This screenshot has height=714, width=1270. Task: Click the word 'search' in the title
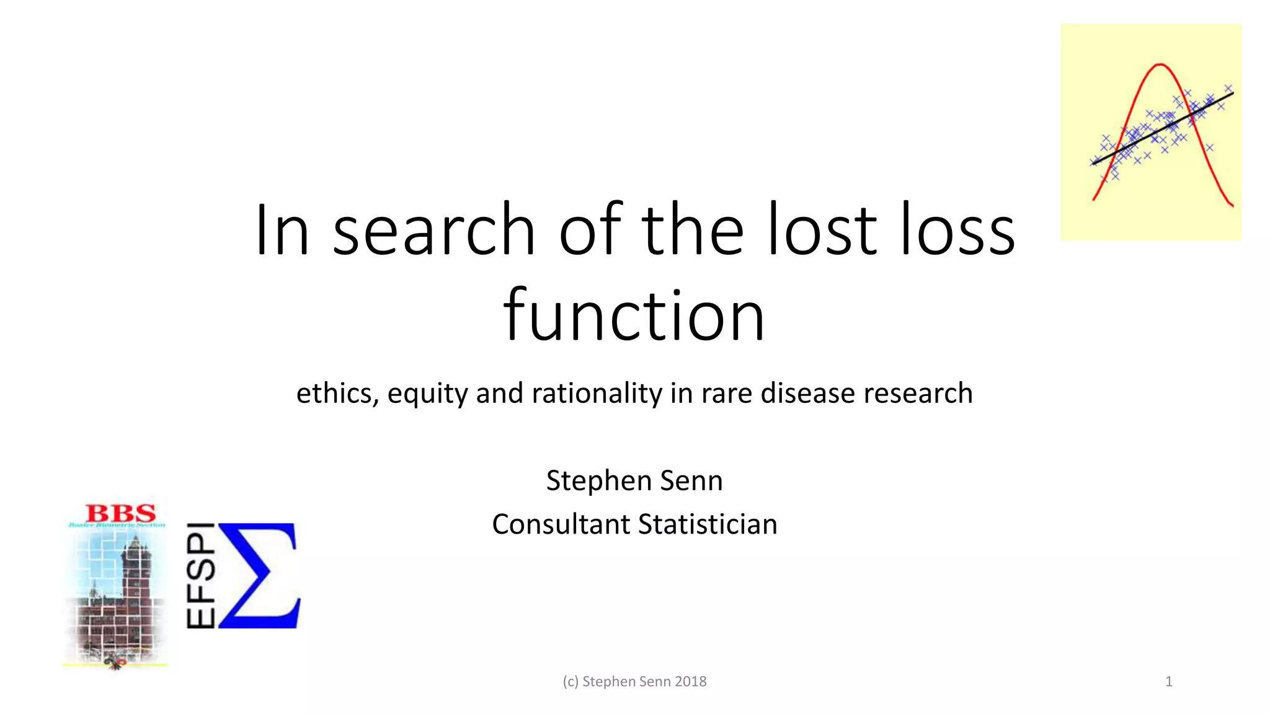[x=433, y=231]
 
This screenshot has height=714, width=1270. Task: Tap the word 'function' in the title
[x=634, y=316]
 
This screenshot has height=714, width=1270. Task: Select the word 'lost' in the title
[x=822, y=231]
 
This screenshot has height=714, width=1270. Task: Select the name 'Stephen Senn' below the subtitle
[x=634, y=480]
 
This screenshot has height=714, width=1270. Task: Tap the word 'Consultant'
[x=561, y=524]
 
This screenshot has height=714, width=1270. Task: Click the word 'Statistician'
[x=708, y=524]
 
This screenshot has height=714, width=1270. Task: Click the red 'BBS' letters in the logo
[x=121, y=513]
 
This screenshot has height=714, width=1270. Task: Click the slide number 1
[x=1169, y=682]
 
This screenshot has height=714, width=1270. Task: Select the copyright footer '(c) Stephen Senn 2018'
[x=634, y=682]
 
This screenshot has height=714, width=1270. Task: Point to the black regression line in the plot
[x=1163, y=128]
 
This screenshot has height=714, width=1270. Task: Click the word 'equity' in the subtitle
[x=427, y=393]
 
